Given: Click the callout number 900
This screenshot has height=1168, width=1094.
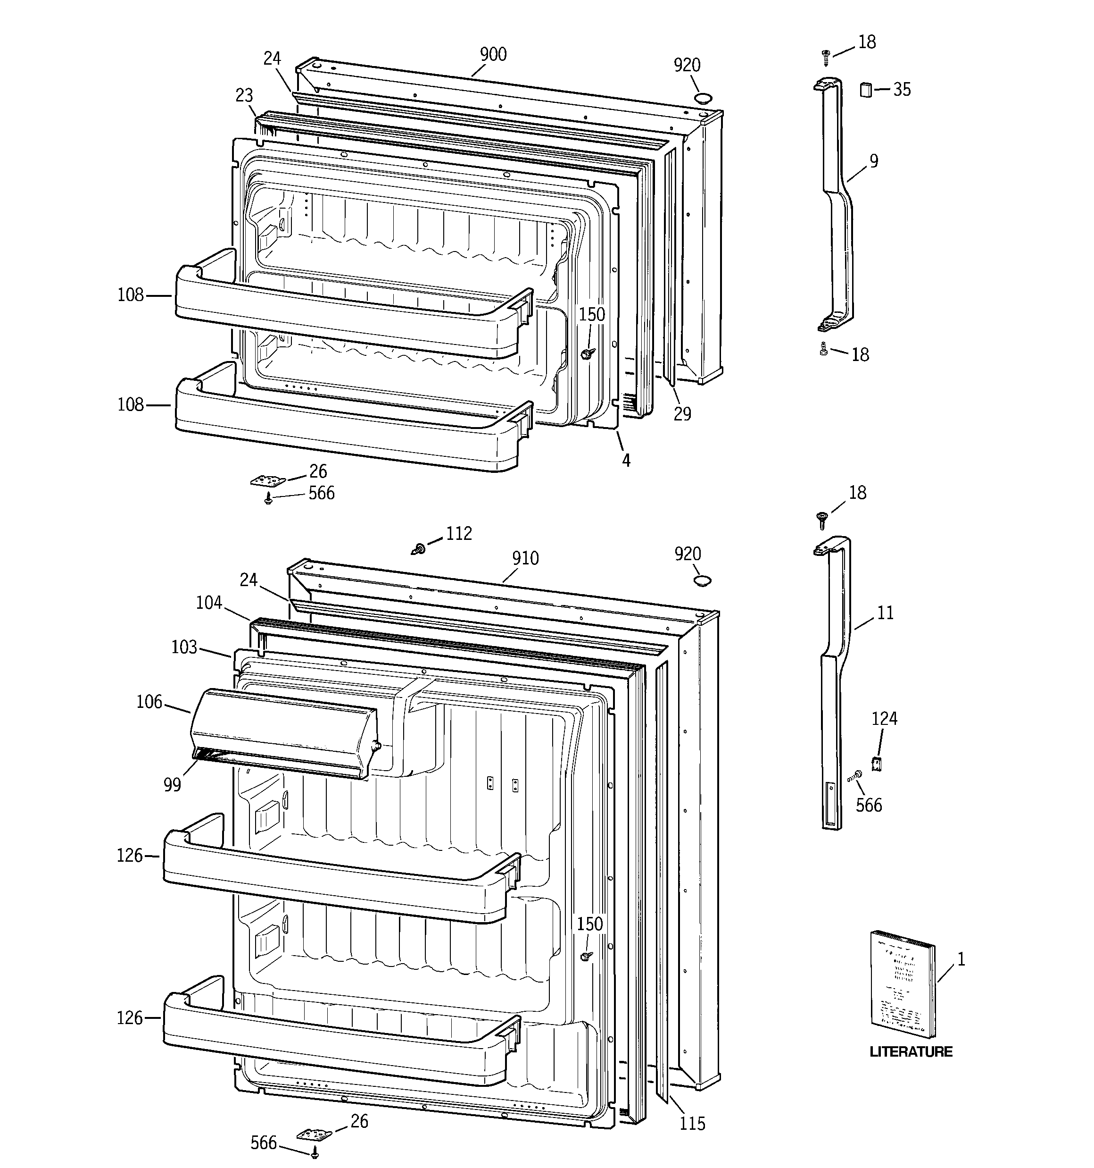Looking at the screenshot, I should (x=493, y=55).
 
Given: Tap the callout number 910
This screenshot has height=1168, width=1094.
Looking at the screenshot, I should (x=525, y=558).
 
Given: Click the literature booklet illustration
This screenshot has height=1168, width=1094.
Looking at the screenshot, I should (x=902, y=992).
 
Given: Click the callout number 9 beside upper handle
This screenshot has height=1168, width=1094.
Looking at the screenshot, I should (x=874, y=161).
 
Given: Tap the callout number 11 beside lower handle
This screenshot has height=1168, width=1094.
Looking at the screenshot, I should (x=885, y=613).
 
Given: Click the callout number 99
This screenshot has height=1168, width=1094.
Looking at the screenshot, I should (x=172, y=785).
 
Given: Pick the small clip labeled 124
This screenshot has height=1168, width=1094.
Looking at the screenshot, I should (x=877, y=764).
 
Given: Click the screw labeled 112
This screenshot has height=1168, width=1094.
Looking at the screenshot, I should (x=419, y=549).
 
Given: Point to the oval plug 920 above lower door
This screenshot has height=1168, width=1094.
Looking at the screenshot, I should (x=702, y=580).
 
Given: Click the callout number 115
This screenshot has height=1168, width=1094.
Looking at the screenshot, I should (x=692, y=1123).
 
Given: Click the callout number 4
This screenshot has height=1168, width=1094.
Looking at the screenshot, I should (x=626, y=461).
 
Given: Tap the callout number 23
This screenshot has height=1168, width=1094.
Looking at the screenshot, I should (x=244, y=95).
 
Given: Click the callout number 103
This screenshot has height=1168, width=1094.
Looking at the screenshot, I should (x=184, y=647).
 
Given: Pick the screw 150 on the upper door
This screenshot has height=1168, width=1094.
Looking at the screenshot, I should (x=587, y=353).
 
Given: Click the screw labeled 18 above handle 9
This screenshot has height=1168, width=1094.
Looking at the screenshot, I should (x=826, y=57).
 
